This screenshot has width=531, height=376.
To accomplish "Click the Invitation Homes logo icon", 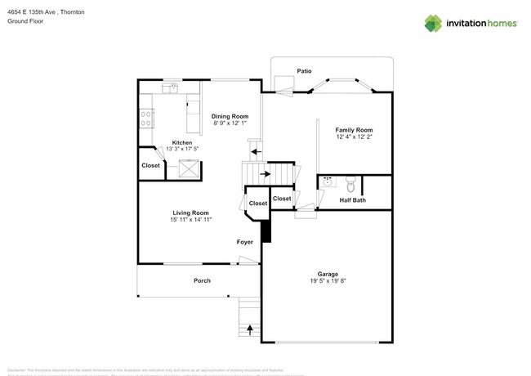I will click(433, 24).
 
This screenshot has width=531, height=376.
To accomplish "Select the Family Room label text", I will click(354, 130).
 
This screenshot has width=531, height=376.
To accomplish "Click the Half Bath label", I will click(353, 200).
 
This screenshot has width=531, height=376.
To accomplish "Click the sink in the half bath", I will click(328, 181).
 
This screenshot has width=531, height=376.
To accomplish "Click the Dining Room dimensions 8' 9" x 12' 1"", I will click(230, 124).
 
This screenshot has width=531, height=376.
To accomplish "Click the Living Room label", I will click(190, 213).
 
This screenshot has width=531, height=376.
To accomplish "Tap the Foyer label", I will click(244, 242).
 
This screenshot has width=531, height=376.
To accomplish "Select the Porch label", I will click(202, 280).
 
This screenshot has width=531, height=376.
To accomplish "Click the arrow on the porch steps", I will click(249, 330).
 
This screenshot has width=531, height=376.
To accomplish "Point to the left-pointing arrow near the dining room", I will click(256, 151).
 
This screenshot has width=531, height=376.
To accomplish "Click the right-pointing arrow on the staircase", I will click(265, 173).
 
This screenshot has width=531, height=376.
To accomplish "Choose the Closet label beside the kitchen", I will click(151, 166).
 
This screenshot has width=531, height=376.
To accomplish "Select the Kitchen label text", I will click(181, 142).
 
